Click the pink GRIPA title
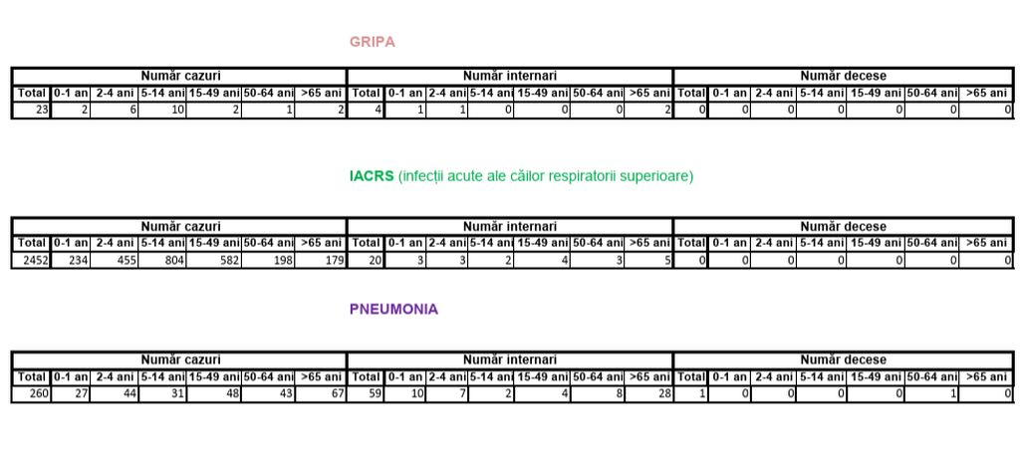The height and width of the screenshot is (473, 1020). tap(372, 42)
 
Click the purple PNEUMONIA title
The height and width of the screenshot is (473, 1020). tap(393, 309)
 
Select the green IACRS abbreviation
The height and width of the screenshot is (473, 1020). tap(371, 176)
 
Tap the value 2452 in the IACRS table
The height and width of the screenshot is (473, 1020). tap(33, 261)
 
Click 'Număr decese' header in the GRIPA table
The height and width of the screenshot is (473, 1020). tap(843, 76)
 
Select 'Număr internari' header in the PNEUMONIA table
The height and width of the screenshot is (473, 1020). tap(509, 358)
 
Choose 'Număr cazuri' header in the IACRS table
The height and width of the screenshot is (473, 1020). tap(180, 226)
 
